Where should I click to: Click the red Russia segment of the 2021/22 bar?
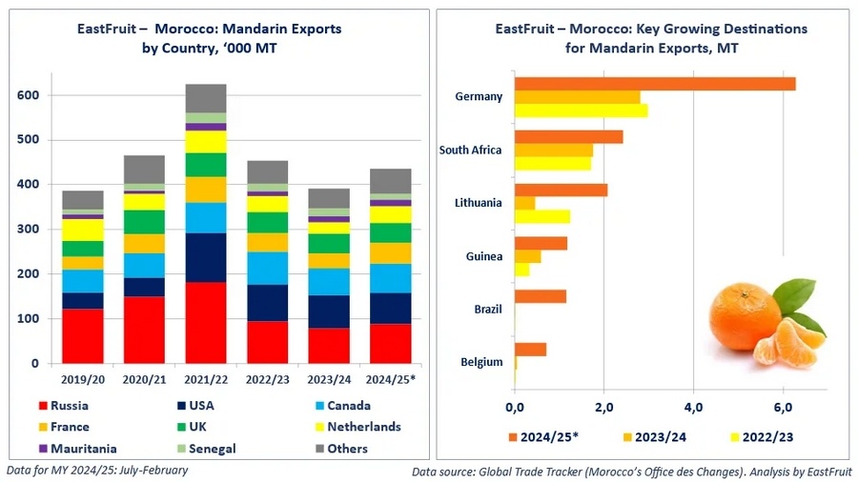click(205, 322)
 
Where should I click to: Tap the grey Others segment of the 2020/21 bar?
click(144, 170)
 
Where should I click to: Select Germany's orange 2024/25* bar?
click(654, 84)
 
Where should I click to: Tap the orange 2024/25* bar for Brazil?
click(541, 296)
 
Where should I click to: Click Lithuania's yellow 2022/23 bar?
click(542, 216)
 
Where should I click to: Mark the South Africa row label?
click(470, 151)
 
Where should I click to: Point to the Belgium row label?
click(481, 362)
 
